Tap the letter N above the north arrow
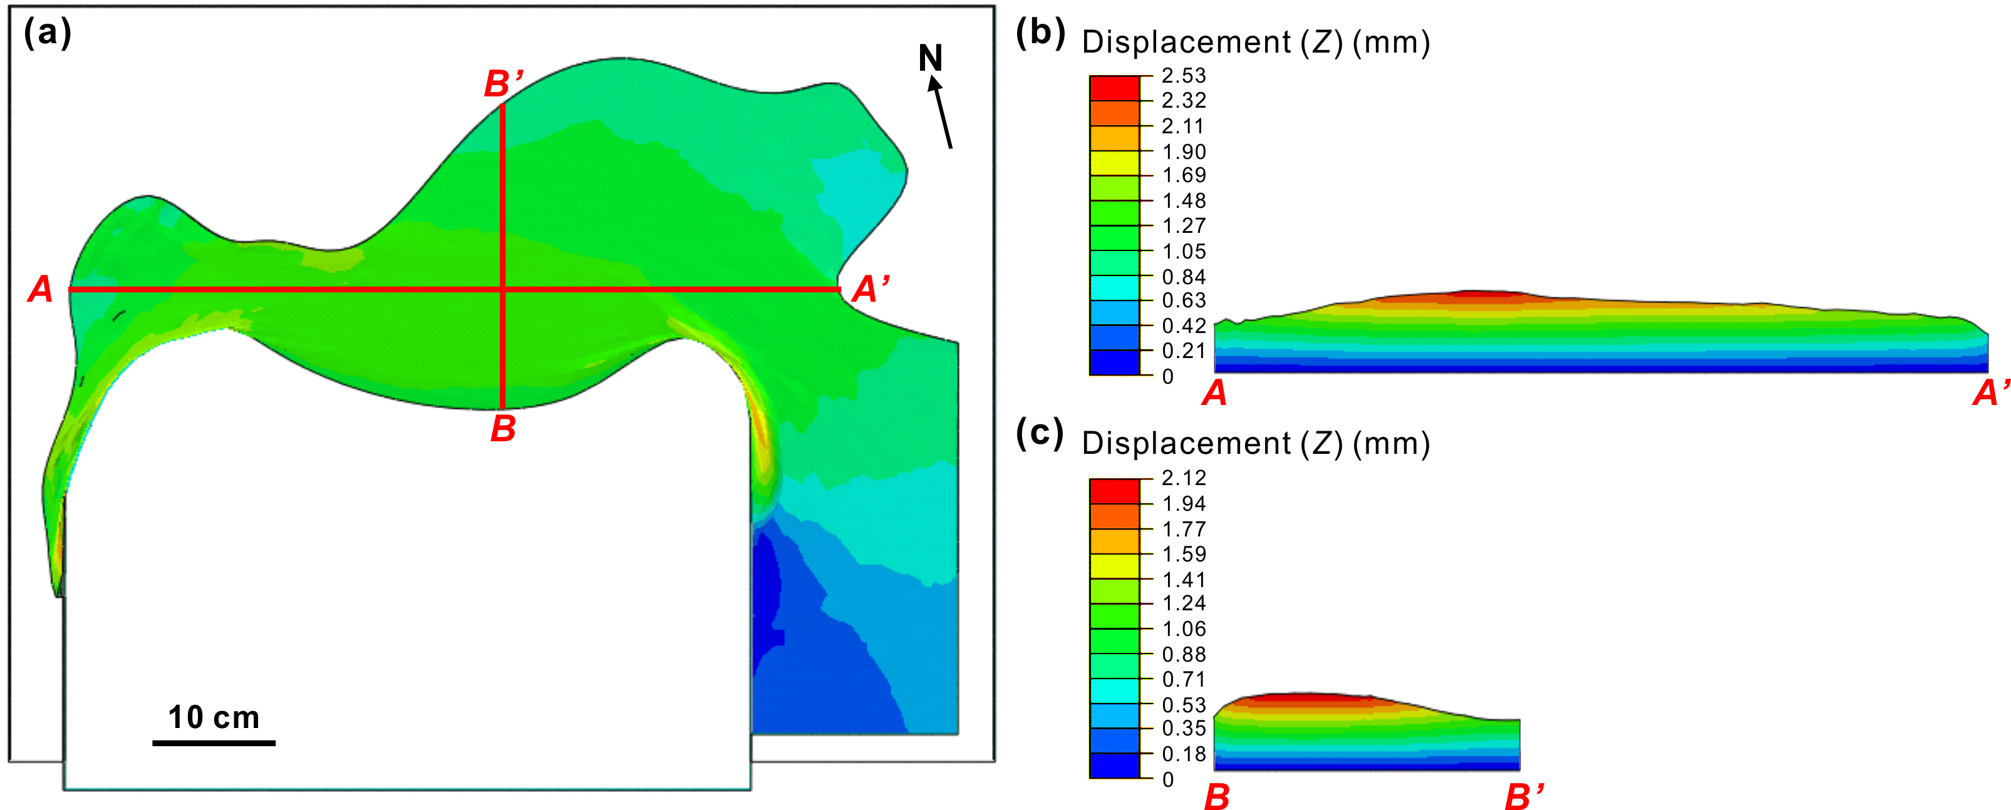930,58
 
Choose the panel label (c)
1039,433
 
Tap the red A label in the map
41,289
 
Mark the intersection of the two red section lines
502,289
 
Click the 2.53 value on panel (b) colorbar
1184,76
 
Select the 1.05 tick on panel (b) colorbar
1184,251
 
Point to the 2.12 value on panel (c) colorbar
1184,478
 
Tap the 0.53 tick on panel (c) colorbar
1184,705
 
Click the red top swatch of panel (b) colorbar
1114,88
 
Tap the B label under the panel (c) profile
1217,797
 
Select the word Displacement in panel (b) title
1186,42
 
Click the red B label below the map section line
504,428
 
